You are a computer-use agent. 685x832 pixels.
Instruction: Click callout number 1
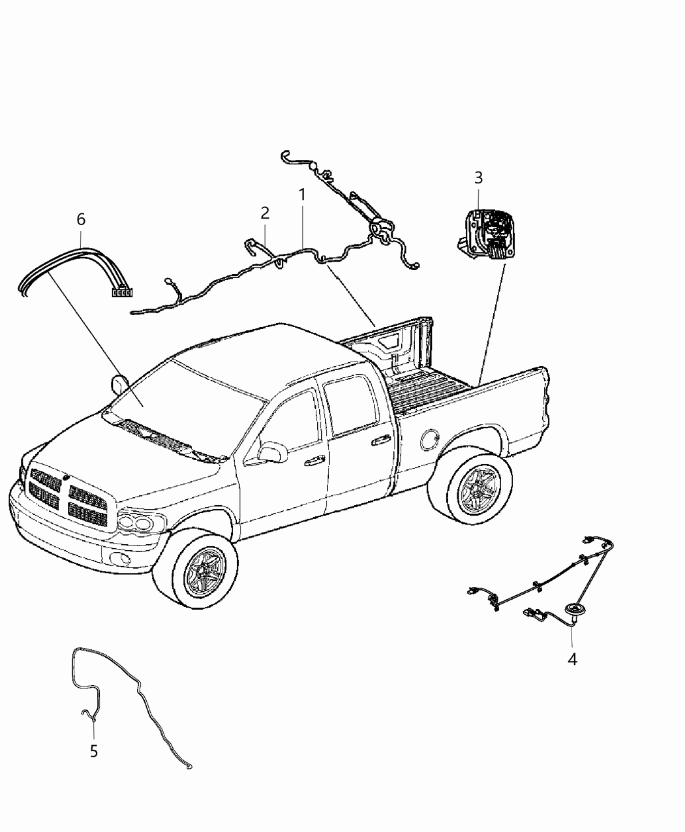pyautogui.click(x=302, y=194)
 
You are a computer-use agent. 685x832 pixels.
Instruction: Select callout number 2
pyautogui.click(x=265, y=213)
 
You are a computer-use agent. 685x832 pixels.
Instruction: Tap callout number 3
pyautogui.click(x=478, y=177)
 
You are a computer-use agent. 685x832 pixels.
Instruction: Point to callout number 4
pyautogui.click(x=572, y=659)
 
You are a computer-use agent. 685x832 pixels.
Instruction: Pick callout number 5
pyautogui.click(x=94, y=751)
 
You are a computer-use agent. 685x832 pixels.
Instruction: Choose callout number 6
pyautogui.click(x=81, y=219)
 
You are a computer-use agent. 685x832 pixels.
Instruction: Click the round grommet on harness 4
pyautogui.click(x=574, y=609)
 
